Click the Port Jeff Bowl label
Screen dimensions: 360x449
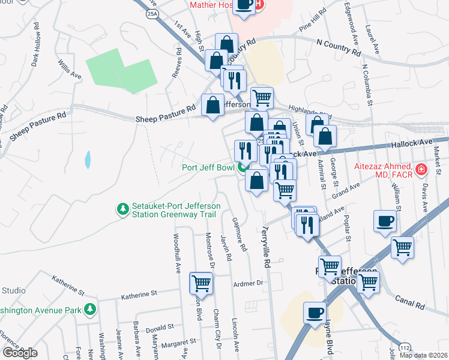coord(208,167)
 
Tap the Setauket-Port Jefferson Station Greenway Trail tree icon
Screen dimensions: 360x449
coord(123,208)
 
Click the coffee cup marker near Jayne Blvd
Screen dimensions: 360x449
coord(315,313)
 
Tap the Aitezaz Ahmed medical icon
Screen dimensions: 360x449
coord(422,169)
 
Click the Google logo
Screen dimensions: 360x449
coord(19,352)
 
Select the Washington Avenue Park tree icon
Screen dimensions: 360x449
coord(90,309)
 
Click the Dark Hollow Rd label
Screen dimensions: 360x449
coord(35,45)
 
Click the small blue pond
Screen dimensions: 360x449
coord(88,160)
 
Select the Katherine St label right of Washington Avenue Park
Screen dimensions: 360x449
coord(138,295)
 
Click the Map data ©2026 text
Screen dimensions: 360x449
coord(423,355)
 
